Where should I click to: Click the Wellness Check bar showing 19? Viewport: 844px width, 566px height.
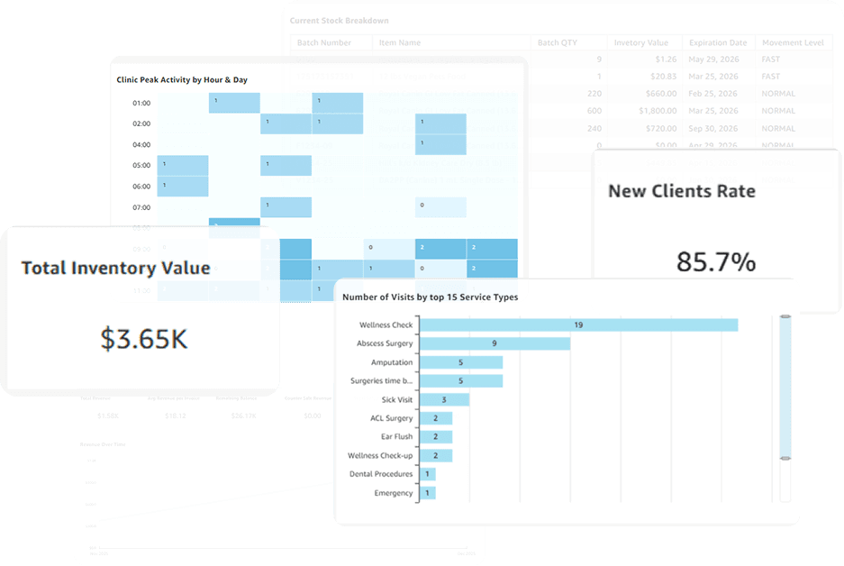pyautogui.click(x=579, y=324)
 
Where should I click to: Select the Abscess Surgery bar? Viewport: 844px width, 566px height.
pyautogui.click(x=495, y=343)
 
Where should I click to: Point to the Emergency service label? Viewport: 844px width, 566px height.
pyautogui.click(x=393, y=493)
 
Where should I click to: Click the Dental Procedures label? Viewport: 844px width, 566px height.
pyautogui.click(x=381, y=474)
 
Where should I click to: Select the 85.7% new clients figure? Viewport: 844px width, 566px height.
pyautogui.click(x=716, y=262)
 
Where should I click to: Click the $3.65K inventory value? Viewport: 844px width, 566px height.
pyautogui.click(x=144, y=339)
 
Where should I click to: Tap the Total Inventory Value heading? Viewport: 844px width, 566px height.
pyautogui.click(x=115, y=268)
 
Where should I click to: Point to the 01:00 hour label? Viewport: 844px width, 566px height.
pyautogui.click(x=141, y=103)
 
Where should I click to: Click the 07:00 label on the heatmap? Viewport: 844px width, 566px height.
pyautogui.click(x=141, y=207)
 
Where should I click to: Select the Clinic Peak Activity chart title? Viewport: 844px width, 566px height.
pyautogui.click(x=182, y=79)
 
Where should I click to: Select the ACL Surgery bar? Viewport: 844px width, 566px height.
pyautogui.click(x=437, y=418)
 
